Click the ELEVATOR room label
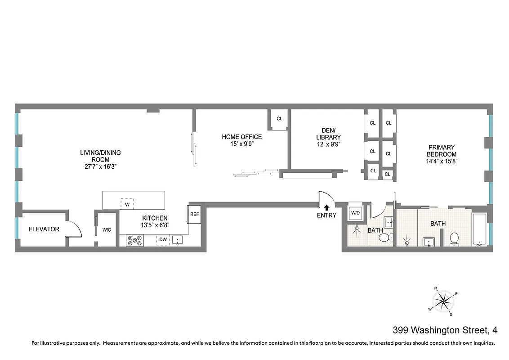[x=44, y=229]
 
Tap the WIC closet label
[x=107, y=229]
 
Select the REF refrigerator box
[x=194, y=214]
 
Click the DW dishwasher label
[x=162, y=240]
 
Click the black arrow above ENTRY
[x=326, y=207]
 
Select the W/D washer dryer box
[x=356, y=212]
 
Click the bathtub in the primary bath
[x=480, y=229]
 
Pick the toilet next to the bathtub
[x=454, y=239]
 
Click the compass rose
[x=443, y=300]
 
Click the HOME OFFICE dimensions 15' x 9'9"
[x=241, y=144]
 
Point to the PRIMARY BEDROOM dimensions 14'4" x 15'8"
[x=441, y=161]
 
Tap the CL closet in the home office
[x=279, y=119]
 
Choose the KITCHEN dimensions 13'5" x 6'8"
[x=155, y=225]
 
